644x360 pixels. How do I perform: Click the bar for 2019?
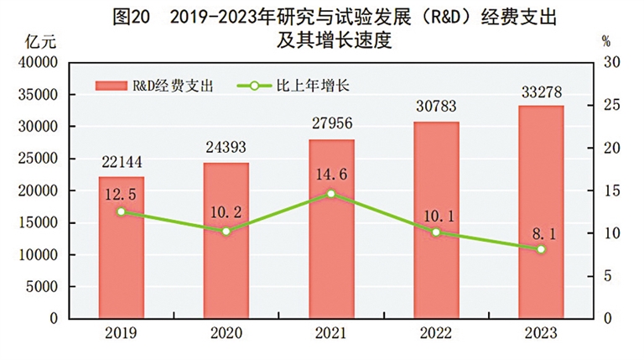[x=121, y=252]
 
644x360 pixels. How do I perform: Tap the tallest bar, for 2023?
[x=541, y=218]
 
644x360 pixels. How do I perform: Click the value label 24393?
[x=226, y=149]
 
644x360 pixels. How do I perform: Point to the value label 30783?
[x=436, y=107]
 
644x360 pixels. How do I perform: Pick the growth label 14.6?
[x=331, y=174]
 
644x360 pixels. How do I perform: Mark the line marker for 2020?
[x=226, y=231]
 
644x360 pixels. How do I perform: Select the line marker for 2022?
[x=436, y=232]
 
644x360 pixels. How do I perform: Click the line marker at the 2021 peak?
[x=331, y=194]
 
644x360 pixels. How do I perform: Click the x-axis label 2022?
[x=436, y=333]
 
